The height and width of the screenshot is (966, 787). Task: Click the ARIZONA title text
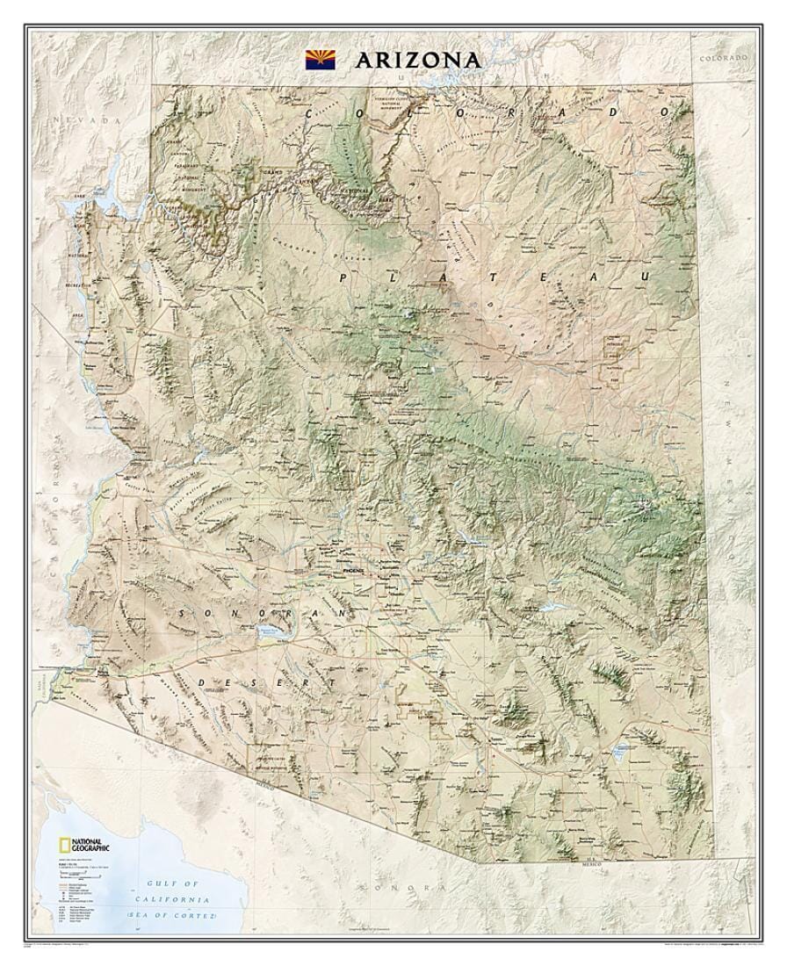coord(418,60)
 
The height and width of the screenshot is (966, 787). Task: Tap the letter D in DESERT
coord(203,681)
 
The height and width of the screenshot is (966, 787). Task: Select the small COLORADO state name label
coord(725,57)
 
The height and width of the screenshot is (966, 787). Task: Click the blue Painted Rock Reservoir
coord(273,631)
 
